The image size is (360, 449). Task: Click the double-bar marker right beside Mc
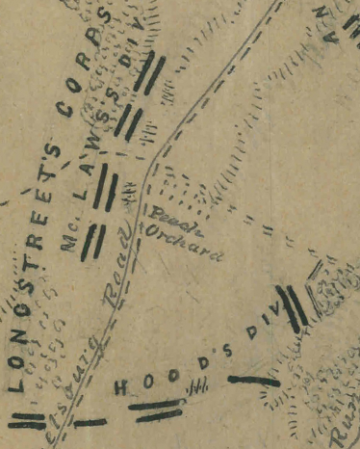pos(92,242)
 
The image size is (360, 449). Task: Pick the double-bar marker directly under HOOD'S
pos(158,410)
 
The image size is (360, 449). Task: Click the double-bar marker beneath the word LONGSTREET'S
pos(26,421)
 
